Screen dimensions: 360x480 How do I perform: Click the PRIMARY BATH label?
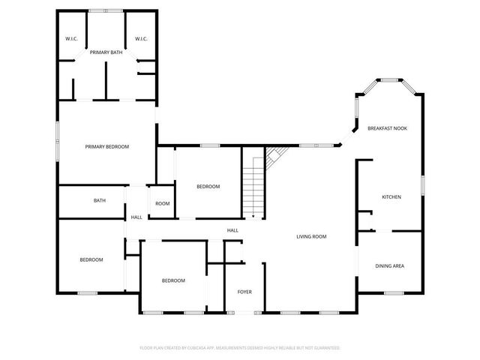(106, 52)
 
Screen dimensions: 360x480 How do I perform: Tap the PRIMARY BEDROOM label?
(106, 147)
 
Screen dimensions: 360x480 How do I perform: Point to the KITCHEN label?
(391, 197)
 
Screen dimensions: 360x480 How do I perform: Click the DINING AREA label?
(390, 266)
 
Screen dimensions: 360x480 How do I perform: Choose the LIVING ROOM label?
(311, 237)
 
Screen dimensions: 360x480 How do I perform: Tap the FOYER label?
(244, 292)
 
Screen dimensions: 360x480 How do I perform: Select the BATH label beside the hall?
(99, 201)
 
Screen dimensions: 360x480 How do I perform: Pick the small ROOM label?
(163, 204)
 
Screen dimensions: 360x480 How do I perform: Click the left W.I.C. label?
(72, 39)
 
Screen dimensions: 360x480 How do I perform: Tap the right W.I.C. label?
(141, 39)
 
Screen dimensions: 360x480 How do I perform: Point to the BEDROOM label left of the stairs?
(208, 187)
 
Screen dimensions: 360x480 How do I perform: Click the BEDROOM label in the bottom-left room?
(91, 259)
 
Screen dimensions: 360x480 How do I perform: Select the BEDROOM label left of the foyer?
(173, 280)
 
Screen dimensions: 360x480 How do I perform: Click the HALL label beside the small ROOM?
(136, 217)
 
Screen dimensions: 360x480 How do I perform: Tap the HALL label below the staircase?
(233, 230)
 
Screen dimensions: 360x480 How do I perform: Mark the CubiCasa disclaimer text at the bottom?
(240, 348)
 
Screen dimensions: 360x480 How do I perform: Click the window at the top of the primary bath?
(106, 10)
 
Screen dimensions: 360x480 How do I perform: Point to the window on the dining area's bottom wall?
(394, 293)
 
